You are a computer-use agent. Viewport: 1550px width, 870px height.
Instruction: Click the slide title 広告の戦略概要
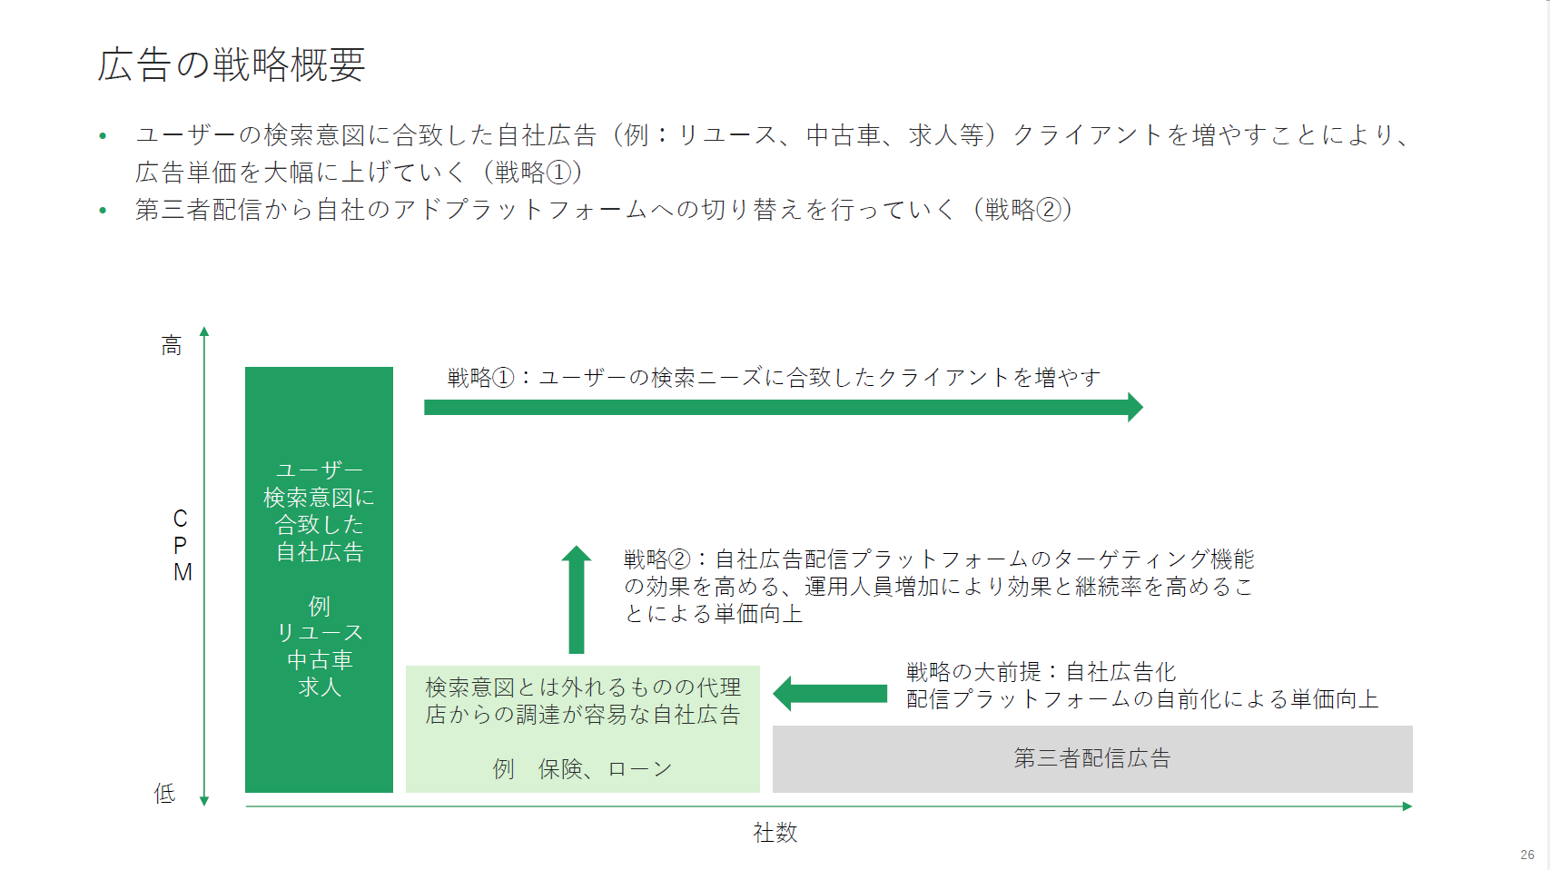pyautogui.click(x=232, y=65)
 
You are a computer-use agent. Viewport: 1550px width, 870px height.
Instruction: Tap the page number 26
pyautogui.click(x=1527, y=855)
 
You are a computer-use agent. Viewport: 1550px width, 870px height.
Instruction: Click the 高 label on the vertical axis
pyautogui.click(x=172, y=345)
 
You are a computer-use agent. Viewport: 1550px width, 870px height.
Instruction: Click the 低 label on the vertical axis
pyautogui.click(x=164, y=793)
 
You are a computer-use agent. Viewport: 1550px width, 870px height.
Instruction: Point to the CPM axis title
pyautogui.click(x=182, y=546)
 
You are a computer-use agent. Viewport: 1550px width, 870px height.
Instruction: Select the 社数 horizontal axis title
pyautogui.click(x=775, y=832)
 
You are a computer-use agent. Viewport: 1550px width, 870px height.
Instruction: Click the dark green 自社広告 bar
pyautogui.click(x=319, y=579)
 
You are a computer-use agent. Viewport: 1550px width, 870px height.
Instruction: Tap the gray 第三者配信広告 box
pyautogui.click(x=1092, y=758)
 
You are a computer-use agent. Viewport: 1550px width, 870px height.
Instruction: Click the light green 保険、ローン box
pyautogui.click(x=583, y=729)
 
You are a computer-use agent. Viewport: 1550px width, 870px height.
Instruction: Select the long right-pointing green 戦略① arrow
pyautogui.click(x=784, y=407)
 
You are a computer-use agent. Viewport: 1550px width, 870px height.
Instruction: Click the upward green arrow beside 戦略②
pyautogui.click(x=577, y=599)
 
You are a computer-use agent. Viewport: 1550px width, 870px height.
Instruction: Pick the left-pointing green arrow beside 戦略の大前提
pyautogui.click(x=830, y=693)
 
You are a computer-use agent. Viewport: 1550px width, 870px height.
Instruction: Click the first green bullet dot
pyautogui.click(x=104, y=135)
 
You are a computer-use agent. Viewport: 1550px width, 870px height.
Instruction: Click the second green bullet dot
pyautogui.click(x=104, y=210)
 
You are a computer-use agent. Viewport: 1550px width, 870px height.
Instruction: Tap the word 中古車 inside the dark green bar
pyautogui.click(x=320, y=659)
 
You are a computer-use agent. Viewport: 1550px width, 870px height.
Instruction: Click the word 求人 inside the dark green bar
pyautogui.click(x=320, y=687)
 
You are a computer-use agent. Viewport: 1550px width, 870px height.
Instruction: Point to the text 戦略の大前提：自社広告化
pyautogui.click(x=1042, y=671)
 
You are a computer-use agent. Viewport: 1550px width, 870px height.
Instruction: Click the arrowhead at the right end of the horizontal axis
pyautogui.click(x=1407, y=806)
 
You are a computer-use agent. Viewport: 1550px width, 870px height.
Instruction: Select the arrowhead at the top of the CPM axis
pyautogui.click(x=204, y=331)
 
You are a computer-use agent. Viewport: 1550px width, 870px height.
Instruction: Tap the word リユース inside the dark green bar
pyautogui.click(x=320, y=633)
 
